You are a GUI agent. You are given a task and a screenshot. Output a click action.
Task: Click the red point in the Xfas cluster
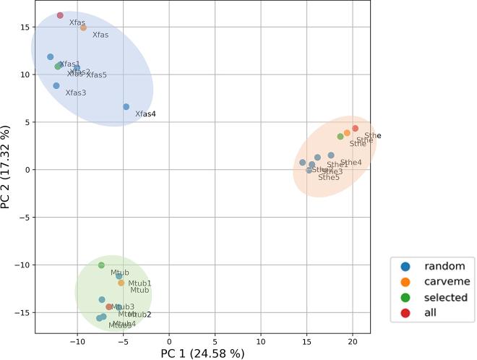click(x=60, y=15)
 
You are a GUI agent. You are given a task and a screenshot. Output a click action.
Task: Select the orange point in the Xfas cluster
click(x=83, y=27)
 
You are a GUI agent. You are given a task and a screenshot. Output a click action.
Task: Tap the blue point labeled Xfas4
click(x=126, y=106)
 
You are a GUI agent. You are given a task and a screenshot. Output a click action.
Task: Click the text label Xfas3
click(x=75, y=93)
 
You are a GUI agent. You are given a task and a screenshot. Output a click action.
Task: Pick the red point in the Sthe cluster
click(x=355, y=128)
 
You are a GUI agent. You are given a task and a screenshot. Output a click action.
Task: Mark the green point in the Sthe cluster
click(x=340, y=137)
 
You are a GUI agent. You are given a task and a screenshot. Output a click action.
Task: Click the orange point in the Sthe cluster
click(x=347, y=133)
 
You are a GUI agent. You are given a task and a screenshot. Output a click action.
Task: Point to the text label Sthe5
click(x=329, y=177)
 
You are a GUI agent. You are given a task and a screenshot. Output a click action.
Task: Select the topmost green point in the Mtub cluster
click(x=101, y=265)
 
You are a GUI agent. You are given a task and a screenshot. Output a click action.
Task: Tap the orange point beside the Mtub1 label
click(x=121, y=283)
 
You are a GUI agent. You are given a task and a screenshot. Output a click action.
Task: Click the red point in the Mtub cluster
click(x=109, y=307)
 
